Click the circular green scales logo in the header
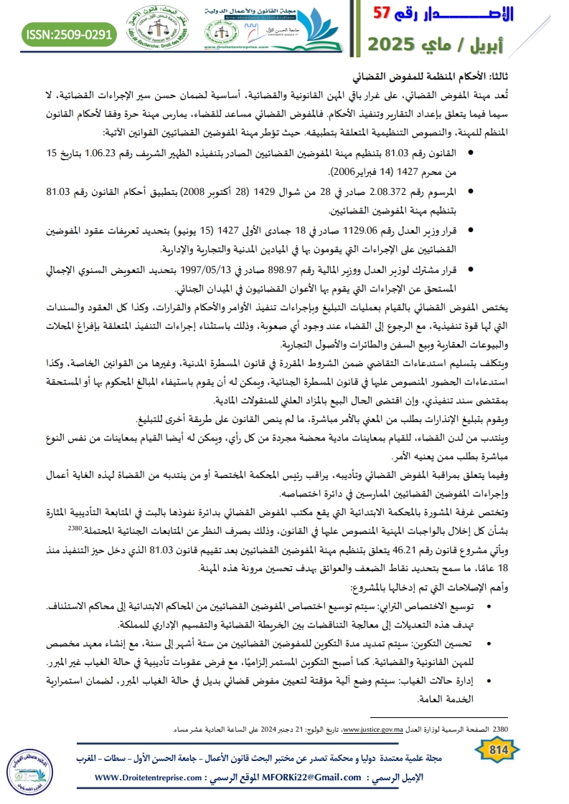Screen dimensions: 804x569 [x=151, y=32]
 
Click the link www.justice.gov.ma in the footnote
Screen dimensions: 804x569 [x=378, y=730]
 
